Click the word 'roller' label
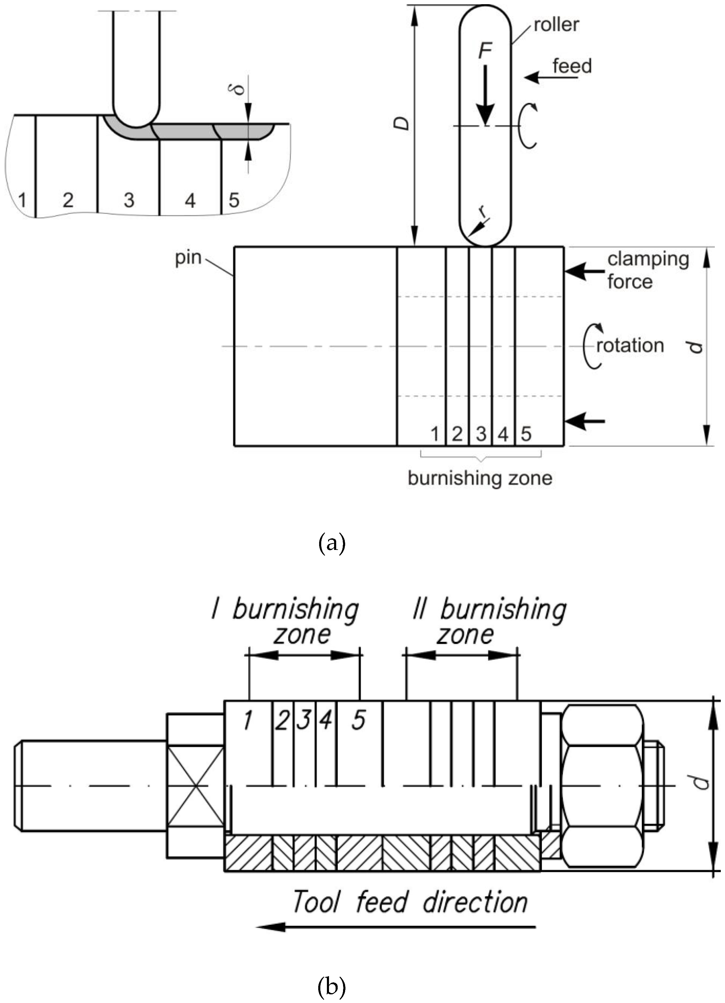click(556, 25)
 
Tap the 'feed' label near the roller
click(572, 67)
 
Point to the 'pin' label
click(188, 258)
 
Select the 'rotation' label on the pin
click(630, 345)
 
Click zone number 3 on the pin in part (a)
click(481, 434)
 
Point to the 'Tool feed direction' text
click(410, 902)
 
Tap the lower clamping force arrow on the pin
click(585, 421)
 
